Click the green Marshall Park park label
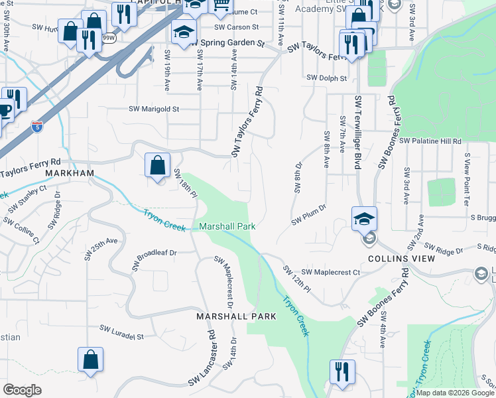227,226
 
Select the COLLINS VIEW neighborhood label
396,259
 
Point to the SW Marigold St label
154,109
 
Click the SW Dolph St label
327,78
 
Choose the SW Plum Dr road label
309,214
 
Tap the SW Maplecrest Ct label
330,273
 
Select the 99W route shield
109,38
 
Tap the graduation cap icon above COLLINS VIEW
364,218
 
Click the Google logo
23,389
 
